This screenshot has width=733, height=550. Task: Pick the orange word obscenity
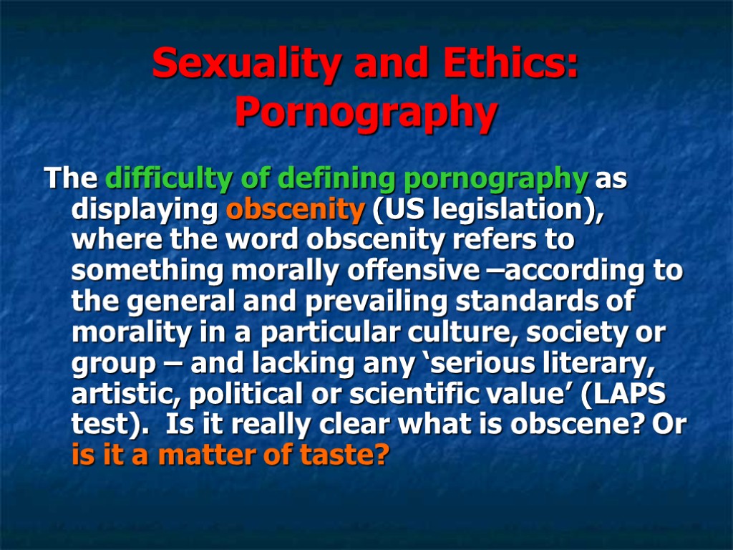tap(295, 210)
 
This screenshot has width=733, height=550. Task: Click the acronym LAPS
tap(639, 395)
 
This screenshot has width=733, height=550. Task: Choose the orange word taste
tap(346, 456)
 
